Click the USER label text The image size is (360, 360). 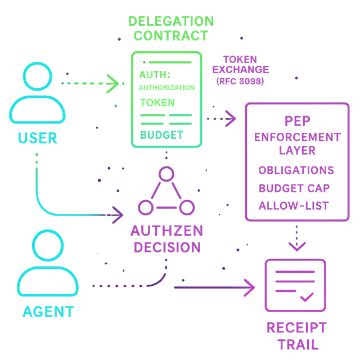coord(37,137)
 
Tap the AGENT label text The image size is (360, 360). coord(48,311)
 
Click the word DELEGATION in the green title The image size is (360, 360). coord(171,22)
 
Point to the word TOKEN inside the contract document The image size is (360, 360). coord(157,103)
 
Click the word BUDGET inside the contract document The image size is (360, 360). coord(161,135)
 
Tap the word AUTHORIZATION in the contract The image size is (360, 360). coord(166,88)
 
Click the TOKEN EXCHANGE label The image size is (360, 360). coord(240,65)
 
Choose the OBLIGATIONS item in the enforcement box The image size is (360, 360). coord(296,170)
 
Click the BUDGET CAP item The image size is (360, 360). coord(294,188)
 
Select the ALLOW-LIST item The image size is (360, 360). coord(294,206)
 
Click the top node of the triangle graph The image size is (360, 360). coord(165,174)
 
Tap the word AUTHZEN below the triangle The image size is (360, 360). coord(166,231)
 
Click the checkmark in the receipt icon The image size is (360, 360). coord(307,296)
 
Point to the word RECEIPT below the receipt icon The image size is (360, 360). coord(296,328)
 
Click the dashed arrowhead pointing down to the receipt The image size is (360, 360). coord(297,245)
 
